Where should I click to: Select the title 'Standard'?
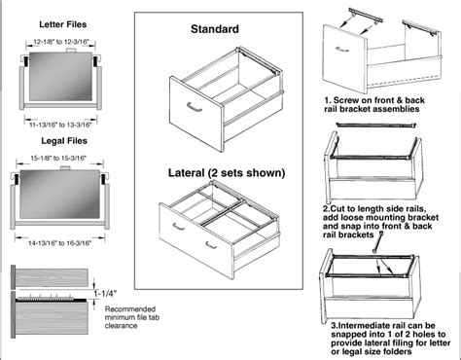pyautogui.click(x=215, y=30)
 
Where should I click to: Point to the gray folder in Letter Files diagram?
pyautogui.click(x=57, y=81)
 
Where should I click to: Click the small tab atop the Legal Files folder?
pyautogui.click(x=68, y=166)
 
